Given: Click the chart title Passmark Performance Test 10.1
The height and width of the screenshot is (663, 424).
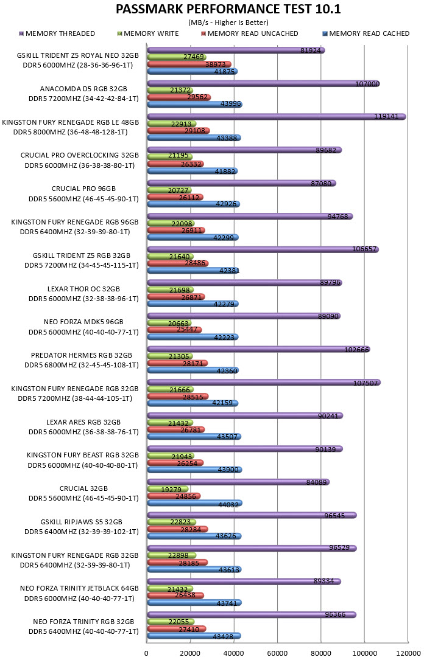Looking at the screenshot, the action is coord(228,9).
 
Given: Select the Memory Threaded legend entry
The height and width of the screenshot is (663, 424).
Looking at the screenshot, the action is coord(57,33).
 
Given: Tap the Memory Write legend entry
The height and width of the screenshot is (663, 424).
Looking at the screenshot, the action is coord(148,33).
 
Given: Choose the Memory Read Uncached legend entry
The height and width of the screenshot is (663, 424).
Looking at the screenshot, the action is coord(250,33).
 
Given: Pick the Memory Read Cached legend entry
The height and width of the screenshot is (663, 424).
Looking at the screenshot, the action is coord(366,33).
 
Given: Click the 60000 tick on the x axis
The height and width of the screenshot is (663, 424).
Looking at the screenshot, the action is coord(277,653).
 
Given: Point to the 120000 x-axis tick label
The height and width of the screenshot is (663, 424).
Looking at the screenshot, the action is coord(408,653).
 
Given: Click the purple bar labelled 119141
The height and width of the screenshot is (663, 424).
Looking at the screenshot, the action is coord(277,117).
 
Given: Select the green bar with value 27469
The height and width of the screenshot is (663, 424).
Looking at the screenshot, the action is coord(177,57).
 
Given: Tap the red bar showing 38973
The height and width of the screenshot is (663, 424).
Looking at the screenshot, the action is coord(189,64).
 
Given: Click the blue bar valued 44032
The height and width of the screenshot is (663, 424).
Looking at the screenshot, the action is coord(195,503).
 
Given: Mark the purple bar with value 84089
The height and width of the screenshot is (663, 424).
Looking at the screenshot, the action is coord(238,482).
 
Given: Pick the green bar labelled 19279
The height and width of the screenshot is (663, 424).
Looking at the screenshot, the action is coord(168,489).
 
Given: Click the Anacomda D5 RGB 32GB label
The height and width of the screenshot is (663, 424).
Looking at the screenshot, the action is coord(83,89).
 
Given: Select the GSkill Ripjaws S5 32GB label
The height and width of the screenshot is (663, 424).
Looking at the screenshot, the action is coord(81,522).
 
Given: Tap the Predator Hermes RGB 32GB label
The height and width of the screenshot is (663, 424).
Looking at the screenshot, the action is coord(81,355).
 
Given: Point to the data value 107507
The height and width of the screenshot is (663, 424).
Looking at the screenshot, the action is coord(365,383).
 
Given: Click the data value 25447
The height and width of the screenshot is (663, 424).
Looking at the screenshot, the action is coord(187,330).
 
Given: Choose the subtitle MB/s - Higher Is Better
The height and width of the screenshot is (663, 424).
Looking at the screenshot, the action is coord(228,23).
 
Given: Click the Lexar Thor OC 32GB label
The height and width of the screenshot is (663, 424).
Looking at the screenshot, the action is coord(83,289).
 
